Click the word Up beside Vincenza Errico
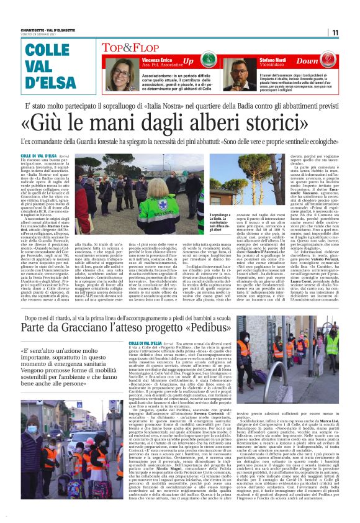[188, 61]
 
